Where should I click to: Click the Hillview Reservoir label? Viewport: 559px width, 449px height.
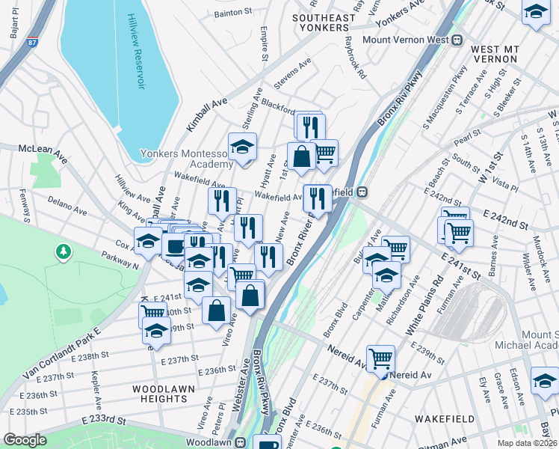(135, 52)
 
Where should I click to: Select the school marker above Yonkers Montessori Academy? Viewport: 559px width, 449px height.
(242, 147)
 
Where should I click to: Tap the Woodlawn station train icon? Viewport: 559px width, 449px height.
(241, 442)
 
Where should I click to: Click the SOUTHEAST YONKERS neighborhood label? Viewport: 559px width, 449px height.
(324, 23)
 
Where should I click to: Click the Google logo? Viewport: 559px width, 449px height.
(25, 440)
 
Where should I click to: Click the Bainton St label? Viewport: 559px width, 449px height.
(233, 13)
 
